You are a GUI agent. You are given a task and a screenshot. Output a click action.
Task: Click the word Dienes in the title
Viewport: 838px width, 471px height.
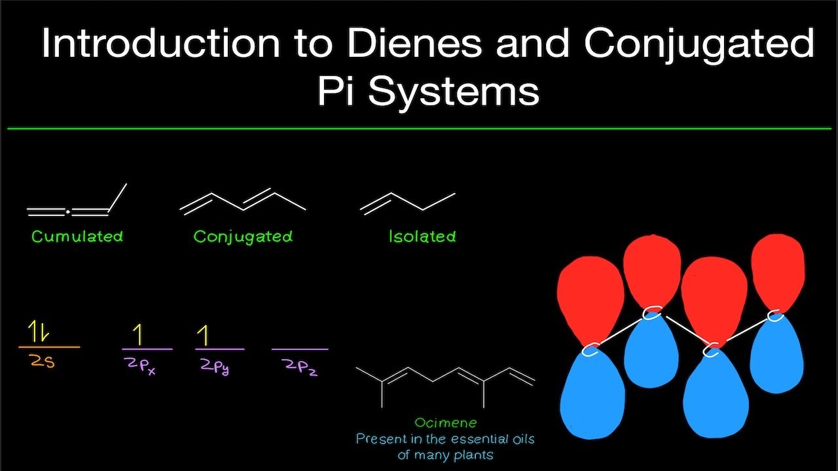point(415,43)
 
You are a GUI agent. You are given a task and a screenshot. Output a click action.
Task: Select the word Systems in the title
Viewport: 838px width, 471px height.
point(454,92)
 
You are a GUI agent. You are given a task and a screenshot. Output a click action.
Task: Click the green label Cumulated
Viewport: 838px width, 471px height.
point(77,236)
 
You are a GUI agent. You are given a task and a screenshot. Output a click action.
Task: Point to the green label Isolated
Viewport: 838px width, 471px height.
point(422,236)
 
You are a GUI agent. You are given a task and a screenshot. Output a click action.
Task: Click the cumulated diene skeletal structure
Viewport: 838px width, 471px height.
point(77,200)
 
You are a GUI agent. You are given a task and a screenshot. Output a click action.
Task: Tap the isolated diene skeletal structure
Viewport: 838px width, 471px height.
point(407,203)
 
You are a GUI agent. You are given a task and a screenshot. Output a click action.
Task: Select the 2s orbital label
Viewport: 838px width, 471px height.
point(43,362)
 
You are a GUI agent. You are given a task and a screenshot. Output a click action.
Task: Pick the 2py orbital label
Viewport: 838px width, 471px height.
point(215,366)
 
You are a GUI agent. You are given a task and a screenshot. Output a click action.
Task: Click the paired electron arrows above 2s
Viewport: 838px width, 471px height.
point(38,331)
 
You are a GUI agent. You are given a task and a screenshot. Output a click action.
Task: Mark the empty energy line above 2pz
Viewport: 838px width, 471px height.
point(300,349)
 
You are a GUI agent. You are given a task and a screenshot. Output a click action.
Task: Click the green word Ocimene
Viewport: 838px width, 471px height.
point(446,423)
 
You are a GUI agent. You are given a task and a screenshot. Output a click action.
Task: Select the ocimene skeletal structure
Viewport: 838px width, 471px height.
point(445,387)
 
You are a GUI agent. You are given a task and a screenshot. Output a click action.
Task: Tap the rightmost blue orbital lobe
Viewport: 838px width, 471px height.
point(776,353)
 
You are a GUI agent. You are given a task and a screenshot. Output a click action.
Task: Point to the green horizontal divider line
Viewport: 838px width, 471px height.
point(419,129)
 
